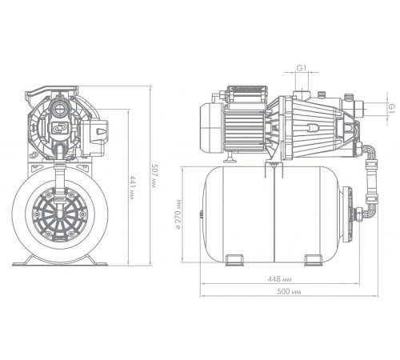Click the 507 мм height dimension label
coord(154,176)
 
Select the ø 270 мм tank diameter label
coord(178,214)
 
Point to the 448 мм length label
coord(279,279)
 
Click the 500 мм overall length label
coord(289,291)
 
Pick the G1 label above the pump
coord(302,68)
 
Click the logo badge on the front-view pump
coord(60,127)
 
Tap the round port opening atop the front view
coord(59,108)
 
